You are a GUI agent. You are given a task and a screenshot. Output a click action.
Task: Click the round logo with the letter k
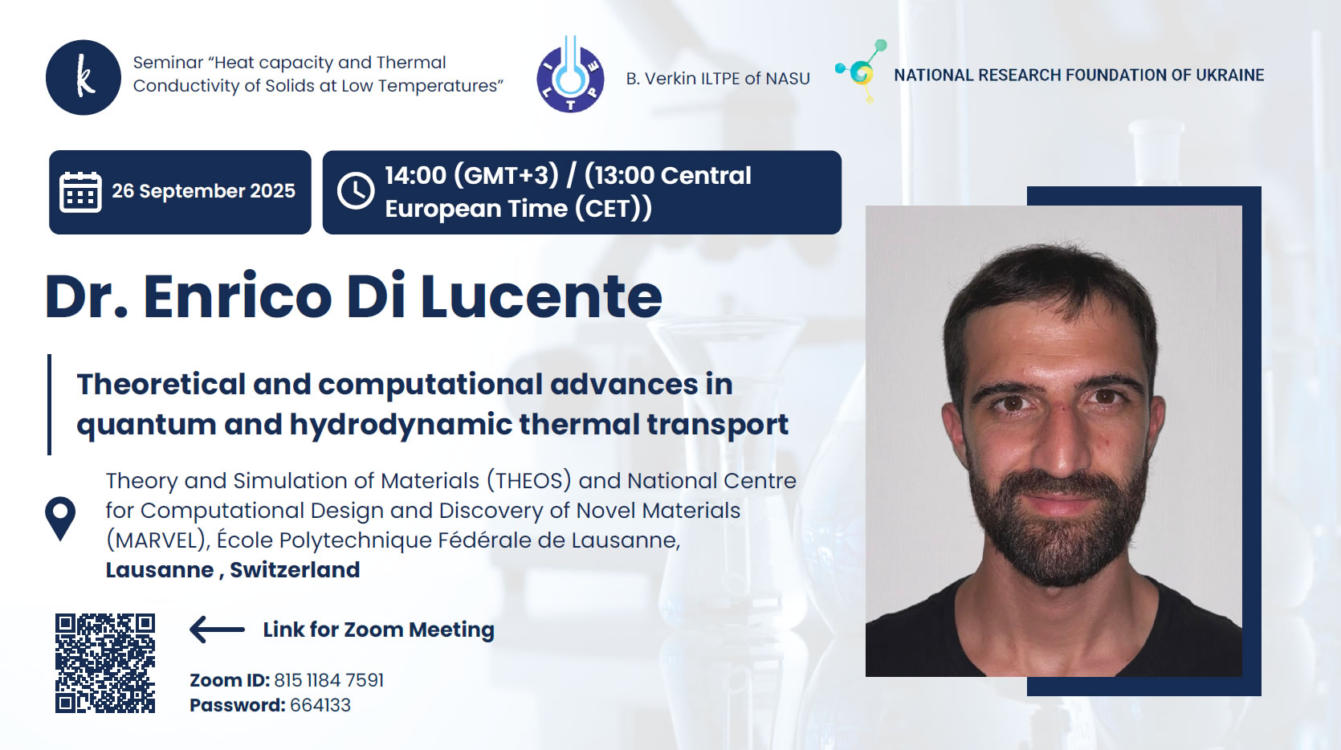pos(84,77)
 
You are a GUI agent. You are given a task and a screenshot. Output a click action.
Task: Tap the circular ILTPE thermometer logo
pos(570,74)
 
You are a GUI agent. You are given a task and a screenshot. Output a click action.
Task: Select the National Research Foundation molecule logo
pos(862,71)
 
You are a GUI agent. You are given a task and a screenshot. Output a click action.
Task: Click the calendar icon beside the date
pos(80,192)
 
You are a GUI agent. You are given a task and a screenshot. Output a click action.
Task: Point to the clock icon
pos(356,191)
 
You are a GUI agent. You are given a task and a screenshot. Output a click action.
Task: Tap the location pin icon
pos(60,519)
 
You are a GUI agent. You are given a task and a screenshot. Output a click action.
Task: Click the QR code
pos(104,663)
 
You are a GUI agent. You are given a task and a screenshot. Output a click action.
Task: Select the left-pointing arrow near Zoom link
pos(217,629)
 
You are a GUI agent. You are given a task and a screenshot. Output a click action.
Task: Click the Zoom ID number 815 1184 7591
pos(328,680)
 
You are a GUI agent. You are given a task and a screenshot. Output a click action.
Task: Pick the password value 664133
pos(320,705)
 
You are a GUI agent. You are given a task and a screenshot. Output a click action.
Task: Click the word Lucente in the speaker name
pos(541,296)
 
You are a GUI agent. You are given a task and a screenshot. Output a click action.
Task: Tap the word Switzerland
pos(296,570)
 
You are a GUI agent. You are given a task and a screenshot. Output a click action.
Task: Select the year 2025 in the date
pos(272,190)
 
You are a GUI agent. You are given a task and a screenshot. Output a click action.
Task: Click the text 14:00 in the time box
pos(415,175)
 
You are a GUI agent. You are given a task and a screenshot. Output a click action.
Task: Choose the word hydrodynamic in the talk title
pos(401,425)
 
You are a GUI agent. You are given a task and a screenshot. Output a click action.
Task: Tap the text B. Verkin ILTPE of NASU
pos(718,79)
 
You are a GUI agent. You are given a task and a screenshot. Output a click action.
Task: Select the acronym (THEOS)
pos(529,481)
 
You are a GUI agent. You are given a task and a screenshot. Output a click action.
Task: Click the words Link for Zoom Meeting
pos(379,630)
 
